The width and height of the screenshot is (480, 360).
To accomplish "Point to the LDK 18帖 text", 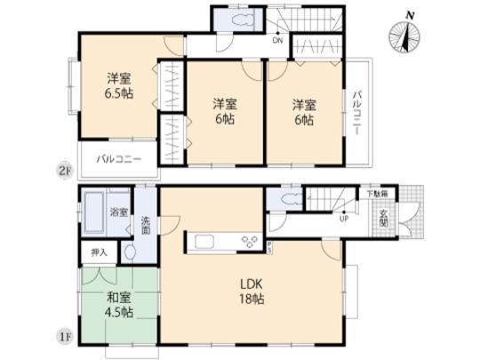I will click(248, 292).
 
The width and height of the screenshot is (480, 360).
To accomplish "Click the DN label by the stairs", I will click(278, 39).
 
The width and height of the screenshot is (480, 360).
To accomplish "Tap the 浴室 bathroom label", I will click(117, 212).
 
